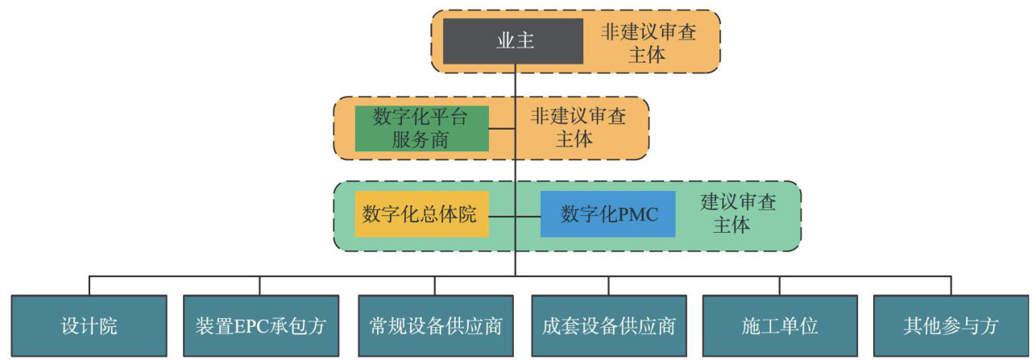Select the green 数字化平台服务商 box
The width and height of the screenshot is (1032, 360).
point(421,128)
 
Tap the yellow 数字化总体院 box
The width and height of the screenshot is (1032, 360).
point(421,214)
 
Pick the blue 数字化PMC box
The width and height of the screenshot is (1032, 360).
point(607,214)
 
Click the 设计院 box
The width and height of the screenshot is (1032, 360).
point(89,326)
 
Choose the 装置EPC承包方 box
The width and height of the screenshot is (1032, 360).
point(260,326)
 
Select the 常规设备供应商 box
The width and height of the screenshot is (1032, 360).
point(435,326)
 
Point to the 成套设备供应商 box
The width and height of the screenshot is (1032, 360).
point(609,326)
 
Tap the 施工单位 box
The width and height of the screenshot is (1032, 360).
point(780,326)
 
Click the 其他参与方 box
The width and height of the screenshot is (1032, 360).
point(951,326)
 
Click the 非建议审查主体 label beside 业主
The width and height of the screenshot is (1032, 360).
point(648,43)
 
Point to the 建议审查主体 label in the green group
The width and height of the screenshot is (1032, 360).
point(736,213)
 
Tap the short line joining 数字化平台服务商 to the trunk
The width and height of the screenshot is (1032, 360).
point(502,128)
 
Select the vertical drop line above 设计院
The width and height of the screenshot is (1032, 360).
point(89,286)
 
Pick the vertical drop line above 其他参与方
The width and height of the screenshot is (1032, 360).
point(951,286)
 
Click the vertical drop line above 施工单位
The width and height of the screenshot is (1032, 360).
point(780,286)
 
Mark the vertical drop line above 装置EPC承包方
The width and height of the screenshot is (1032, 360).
point(260,286)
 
